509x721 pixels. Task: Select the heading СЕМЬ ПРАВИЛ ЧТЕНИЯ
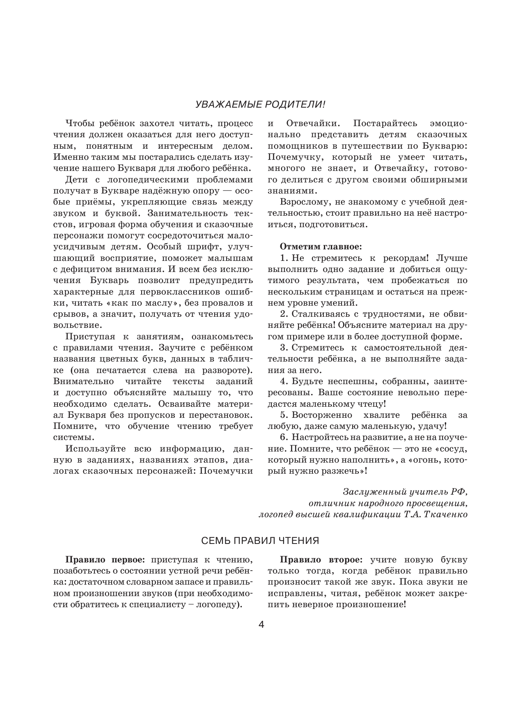coord(260,540)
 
